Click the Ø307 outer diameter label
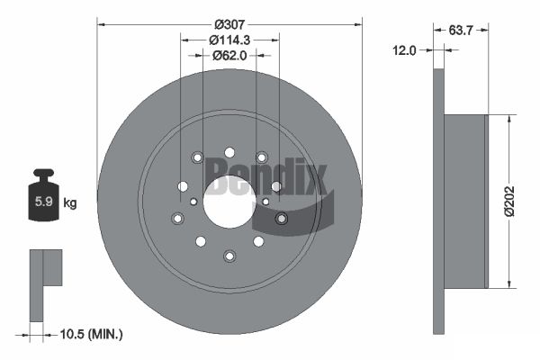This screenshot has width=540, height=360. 229,24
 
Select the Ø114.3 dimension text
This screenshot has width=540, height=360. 229,40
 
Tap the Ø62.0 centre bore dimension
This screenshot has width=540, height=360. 229,55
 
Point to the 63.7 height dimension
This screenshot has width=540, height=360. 461,31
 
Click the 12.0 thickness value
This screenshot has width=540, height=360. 404,50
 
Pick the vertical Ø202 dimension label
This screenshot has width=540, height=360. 509,202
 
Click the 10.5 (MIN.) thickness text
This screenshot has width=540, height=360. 91,334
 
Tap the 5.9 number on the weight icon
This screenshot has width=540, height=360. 44,202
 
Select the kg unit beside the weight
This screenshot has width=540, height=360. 70,203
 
